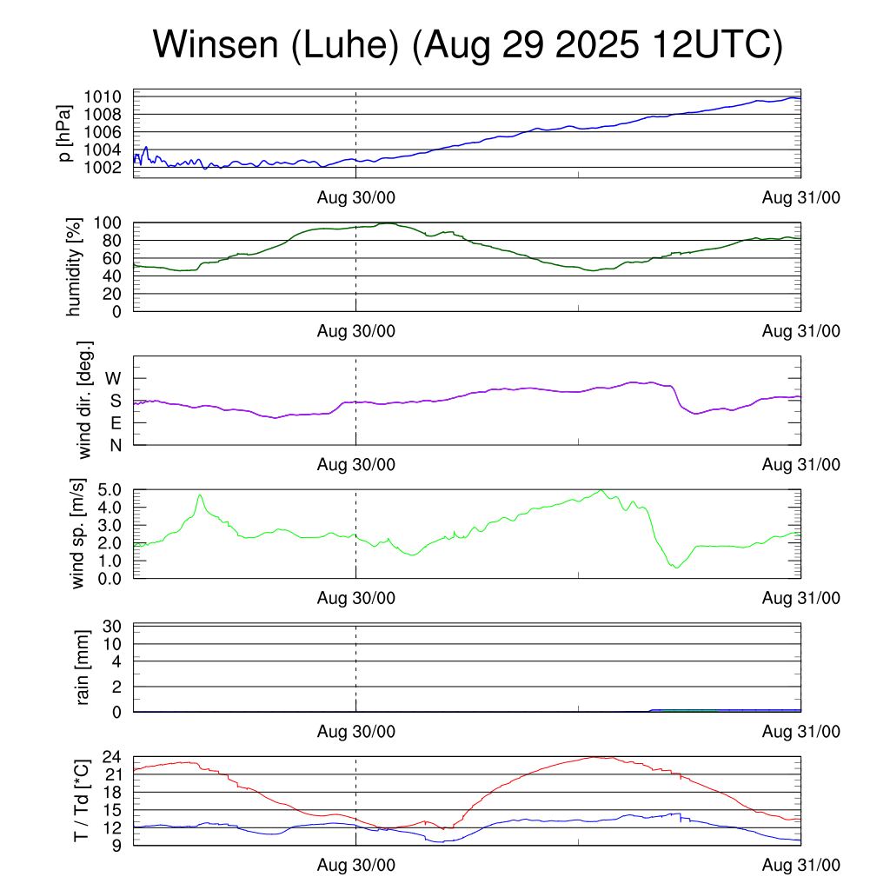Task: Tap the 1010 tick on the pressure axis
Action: point(109,96)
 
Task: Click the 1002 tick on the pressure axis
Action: point(109,167)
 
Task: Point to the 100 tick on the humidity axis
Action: point(113,222)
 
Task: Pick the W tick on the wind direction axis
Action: point(113,379)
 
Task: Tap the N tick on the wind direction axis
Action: point(115,445)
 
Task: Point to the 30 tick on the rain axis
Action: point(112,626)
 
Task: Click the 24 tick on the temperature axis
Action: point(112,757)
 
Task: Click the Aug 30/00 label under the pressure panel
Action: point(355,199)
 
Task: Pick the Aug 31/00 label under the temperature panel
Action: point(800,867)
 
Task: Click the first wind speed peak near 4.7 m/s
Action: point(201,495)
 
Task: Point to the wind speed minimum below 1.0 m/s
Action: point(675,567)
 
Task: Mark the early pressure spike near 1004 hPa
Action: point(146,148)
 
